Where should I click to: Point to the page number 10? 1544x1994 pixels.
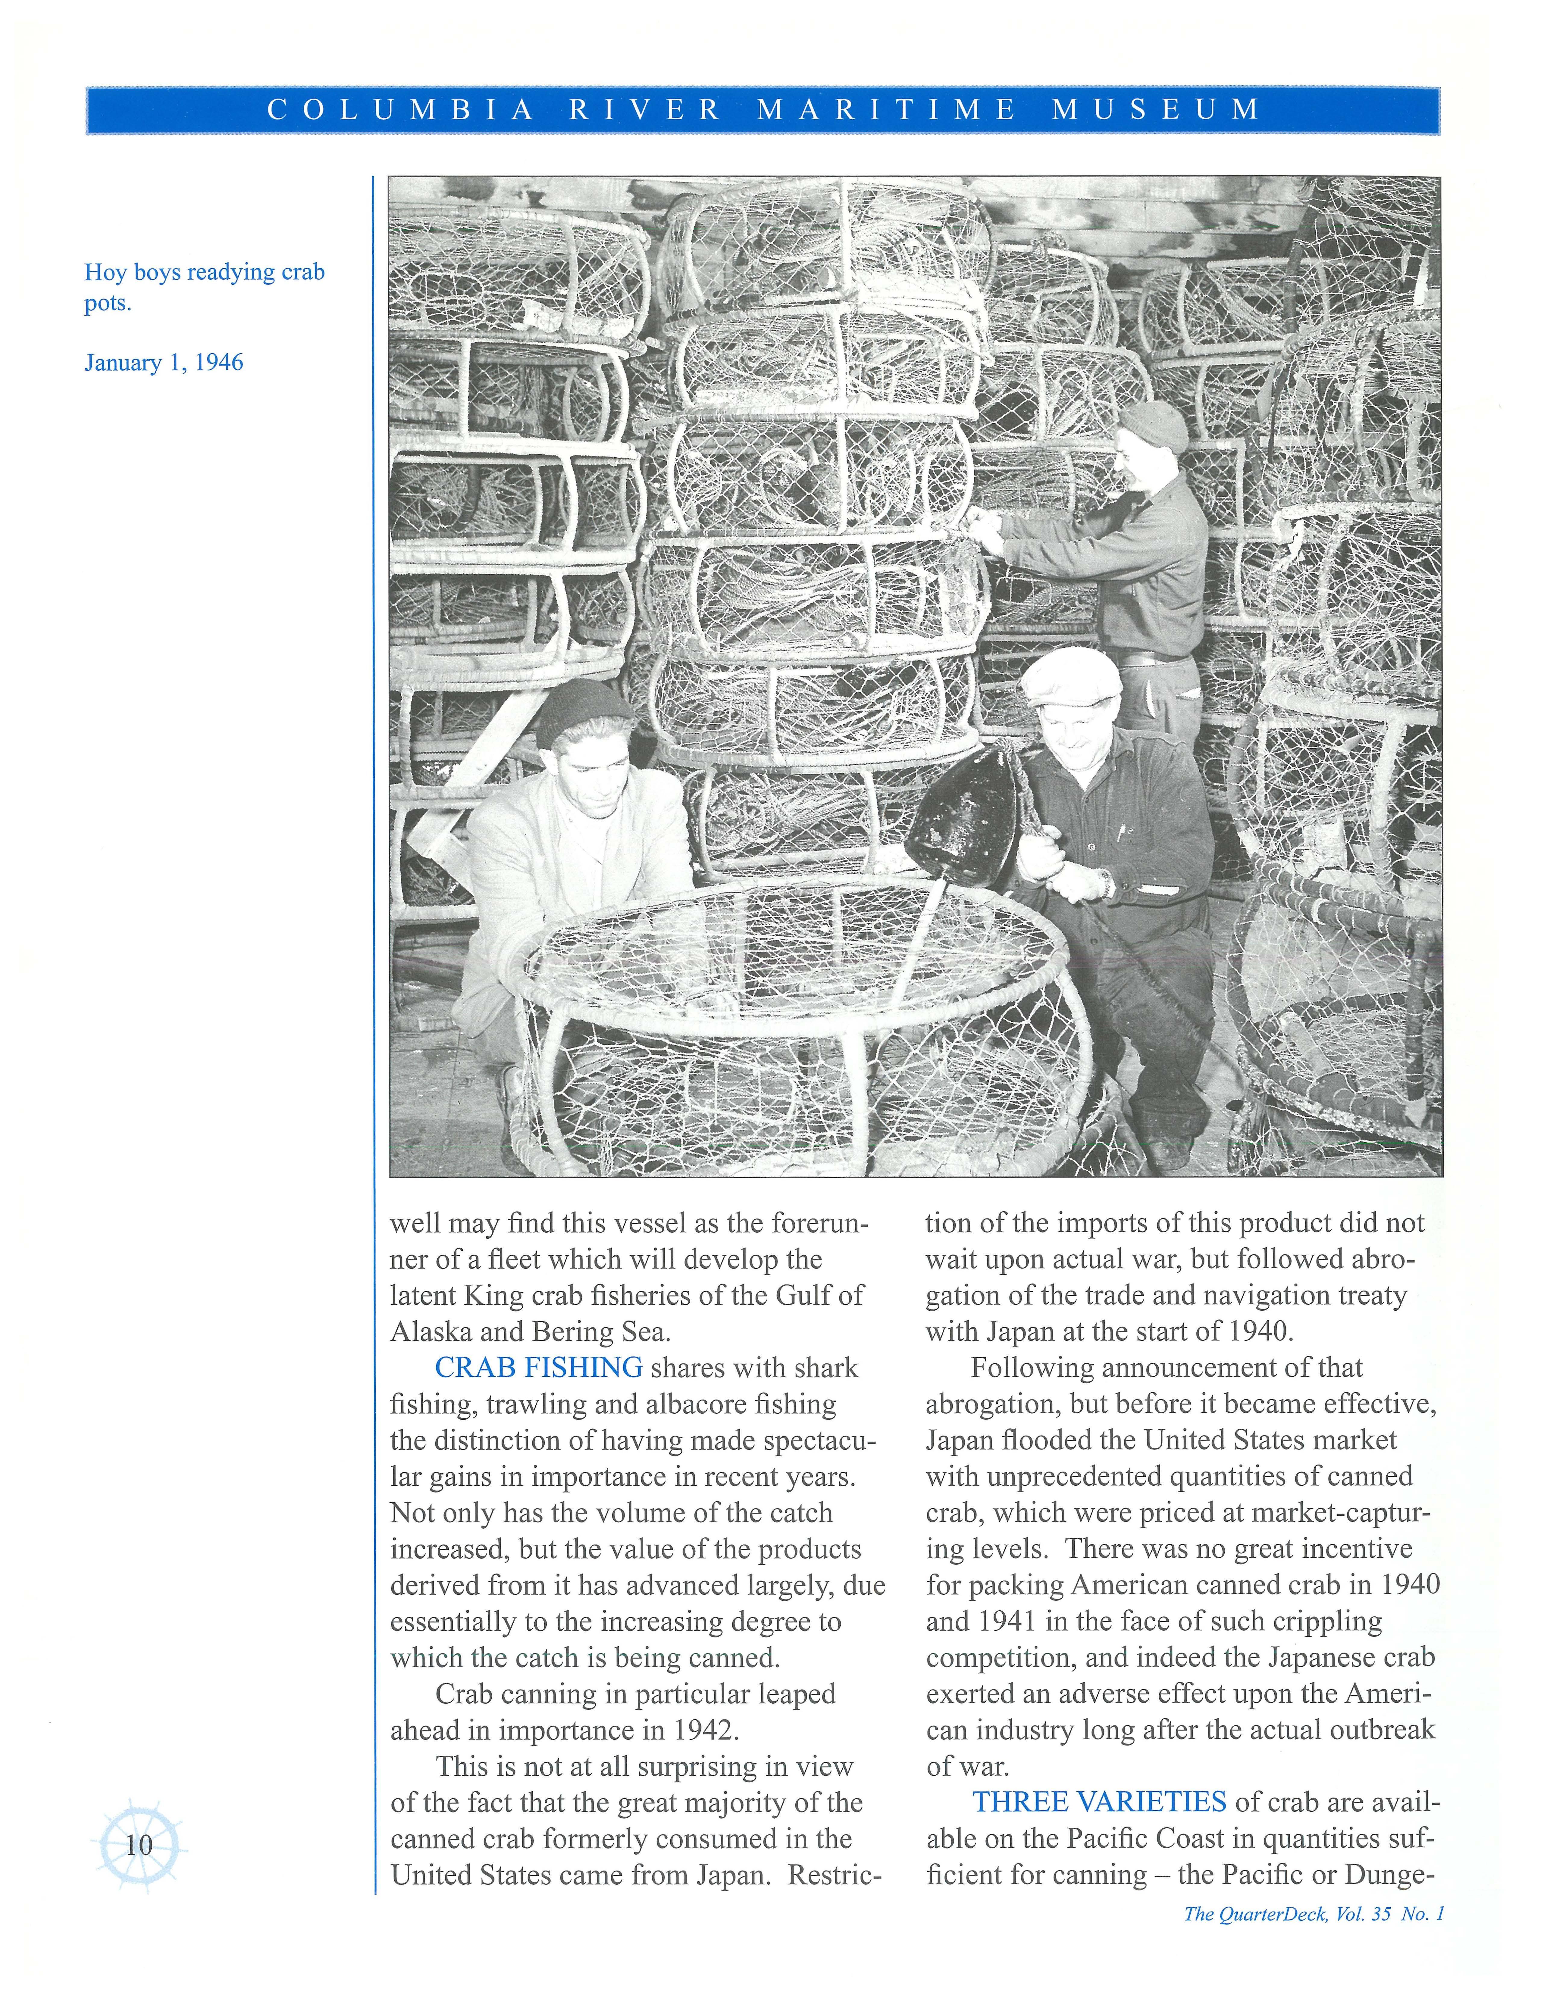pos(139,1845)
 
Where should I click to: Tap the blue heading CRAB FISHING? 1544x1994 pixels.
pos(539,1368)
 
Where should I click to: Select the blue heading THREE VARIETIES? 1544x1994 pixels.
pos(1098,1801)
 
